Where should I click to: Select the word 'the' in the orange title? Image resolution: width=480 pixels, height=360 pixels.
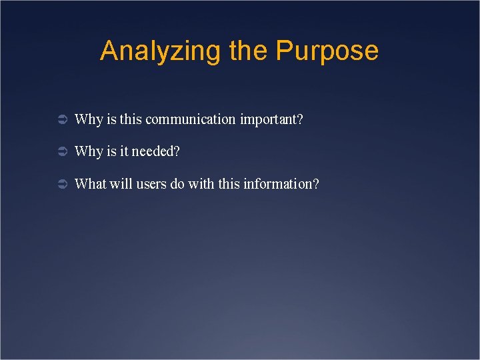tap(249, 51)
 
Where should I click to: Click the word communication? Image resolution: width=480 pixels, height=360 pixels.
tap(191, 120)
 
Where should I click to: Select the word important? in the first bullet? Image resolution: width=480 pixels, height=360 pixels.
tap(271, 120)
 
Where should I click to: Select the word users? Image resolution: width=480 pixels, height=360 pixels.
tap(151, 183)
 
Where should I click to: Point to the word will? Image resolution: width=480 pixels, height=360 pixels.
tap(121, 183)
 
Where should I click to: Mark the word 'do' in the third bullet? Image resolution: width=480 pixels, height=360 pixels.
tap(177, 183)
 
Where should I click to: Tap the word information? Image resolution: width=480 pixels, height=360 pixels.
tap(281, 183)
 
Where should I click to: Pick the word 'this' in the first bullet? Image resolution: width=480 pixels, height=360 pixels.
tap(131, 120)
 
